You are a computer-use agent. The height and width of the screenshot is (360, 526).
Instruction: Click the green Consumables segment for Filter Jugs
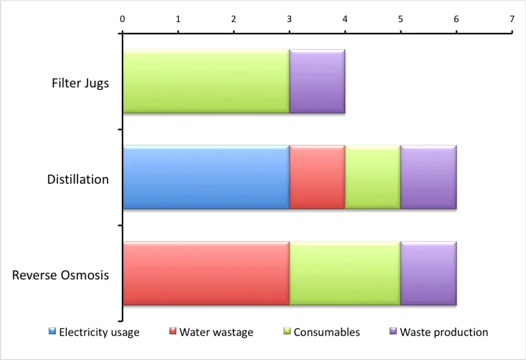click(205, 81)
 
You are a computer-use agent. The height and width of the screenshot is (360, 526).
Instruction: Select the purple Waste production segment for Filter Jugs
click(317, 81)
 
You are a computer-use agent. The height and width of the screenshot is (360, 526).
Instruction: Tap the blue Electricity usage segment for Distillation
click(205, 177)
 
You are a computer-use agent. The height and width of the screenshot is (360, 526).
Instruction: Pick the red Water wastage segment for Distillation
click(317, 177)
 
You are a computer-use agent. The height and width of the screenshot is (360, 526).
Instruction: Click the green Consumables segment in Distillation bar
click(372, 177)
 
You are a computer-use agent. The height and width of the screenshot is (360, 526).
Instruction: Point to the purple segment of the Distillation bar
click(428, 177)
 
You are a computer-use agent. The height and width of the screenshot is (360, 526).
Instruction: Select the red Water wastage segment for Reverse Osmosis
click(205, 273)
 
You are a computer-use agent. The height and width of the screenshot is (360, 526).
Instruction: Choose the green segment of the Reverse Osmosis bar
click(345, 273)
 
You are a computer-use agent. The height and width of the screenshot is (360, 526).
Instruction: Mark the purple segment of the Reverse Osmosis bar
click(428, 273)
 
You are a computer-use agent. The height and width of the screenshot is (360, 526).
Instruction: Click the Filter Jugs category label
click(80, 83)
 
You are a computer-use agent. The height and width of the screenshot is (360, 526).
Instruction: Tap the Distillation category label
click(78, 179)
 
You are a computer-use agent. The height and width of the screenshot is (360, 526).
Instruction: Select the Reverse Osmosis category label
click(61, 275)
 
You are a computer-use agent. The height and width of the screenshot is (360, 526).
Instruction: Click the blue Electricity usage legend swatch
click(52, 332)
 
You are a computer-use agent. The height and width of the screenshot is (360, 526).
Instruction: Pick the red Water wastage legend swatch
click(173, 332)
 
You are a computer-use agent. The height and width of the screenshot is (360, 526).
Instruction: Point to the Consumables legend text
click(327, 332)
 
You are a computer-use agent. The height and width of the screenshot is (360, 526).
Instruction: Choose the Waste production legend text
click(444, 332)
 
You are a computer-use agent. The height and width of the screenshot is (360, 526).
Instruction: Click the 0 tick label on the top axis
click(122, 19)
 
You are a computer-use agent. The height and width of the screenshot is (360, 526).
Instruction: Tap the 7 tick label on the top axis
click(512, 19)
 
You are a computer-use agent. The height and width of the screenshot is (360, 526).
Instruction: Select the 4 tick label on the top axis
click(345, 19)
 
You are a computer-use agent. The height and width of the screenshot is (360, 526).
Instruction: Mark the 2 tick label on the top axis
click(234, 19)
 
